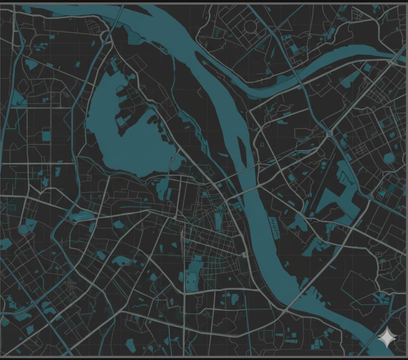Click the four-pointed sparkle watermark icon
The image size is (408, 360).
(387, 337)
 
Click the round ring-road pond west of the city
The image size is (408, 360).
(23, 230)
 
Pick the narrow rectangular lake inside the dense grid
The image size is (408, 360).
(218, 221)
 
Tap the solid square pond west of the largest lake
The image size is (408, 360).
(46, 135)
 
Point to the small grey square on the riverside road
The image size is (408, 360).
(244, 255)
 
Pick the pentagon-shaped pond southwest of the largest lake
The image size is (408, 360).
(119, 225)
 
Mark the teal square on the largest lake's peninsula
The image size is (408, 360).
(121, 121)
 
